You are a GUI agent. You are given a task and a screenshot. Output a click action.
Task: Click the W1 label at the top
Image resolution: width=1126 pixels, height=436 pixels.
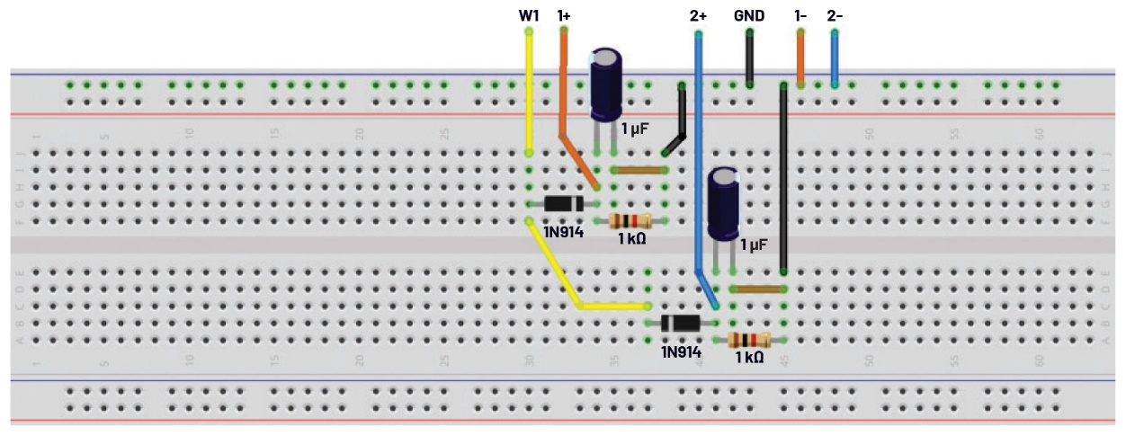(528, 15)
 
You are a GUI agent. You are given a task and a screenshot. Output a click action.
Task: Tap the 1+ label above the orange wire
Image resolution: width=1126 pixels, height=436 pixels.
(564, 15)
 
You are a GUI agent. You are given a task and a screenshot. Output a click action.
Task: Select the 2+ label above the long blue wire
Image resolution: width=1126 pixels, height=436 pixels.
(698, 15)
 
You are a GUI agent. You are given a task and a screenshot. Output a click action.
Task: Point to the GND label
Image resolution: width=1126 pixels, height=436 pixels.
(749, 15)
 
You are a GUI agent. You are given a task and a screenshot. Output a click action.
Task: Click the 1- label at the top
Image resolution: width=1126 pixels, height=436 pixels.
(800, 15)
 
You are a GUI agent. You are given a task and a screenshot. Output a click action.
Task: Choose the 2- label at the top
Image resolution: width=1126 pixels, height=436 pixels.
(835, 15)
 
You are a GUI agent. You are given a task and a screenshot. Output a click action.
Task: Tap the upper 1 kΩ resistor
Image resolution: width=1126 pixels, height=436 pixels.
(629, 221)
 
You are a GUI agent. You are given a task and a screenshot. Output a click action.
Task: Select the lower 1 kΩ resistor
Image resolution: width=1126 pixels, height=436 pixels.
(748, 340)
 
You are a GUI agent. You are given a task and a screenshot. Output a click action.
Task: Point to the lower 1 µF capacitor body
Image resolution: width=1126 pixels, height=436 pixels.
(724, 204)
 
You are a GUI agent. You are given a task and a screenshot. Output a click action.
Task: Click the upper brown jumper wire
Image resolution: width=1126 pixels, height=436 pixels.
(639, 170)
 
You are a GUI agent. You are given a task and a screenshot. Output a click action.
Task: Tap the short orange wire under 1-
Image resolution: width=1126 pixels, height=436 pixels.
(800, 59)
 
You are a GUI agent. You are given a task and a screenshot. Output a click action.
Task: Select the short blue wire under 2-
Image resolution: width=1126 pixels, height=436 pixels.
(835, 59)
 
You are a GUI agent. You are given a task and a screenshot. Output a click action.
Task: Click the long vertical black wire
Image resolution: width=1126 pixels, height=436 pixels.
(783, 180)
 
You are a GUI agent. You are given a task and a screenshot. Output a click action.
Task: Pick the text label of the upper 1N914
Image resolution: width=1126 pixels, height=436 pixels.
(564, 233)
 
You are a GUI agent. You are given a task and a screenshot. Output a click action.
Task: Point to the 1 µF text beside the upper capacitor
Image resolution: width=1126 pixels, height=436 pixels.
(637, 129)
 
